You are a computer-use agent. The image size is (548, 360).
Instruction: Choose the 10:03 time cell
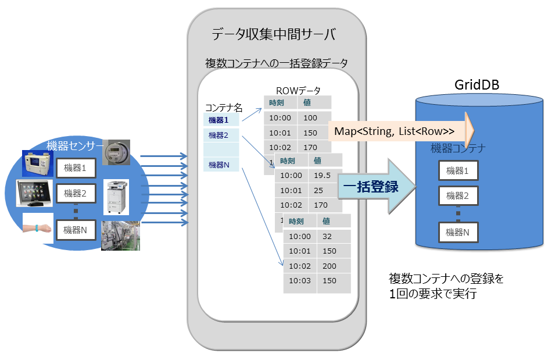pos(300,281)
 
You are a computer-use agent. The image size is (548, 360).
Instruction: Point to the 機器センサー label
pos(74,145)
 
